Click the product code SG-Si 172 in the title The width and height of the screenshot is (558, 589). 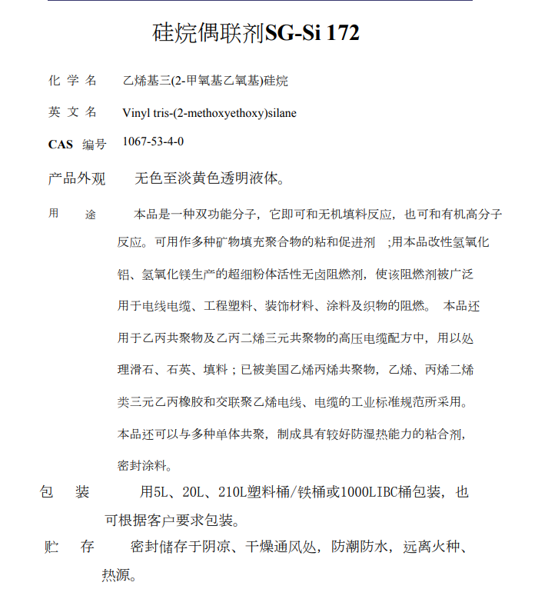click(x=312, y=33)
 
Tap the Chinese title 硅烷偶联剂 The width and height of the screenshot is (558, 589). click(x=209, y=33)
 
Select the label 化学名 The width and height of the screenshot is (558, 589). click(x=72, y=80)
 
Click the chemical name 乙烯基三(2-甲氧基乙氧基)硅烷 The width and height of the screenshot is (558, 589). click(x=205, y=81)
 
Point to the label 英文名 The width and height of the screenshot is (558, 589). click(x=72, y=112)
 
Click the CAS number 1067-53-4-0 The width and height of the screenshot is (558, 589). click(x=153, y=141)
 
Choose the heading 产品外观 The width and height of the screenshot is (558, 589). click(x=77, y=179)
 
